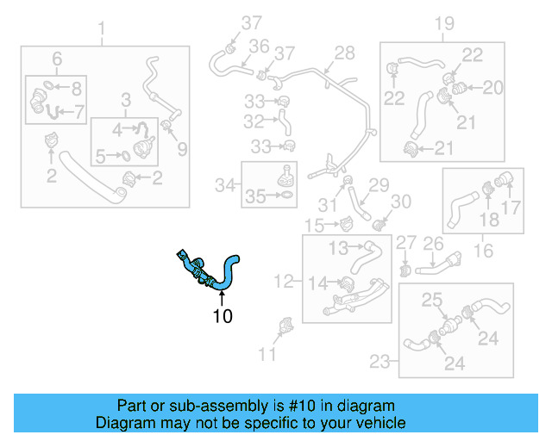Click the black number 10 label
(x=223, y=316)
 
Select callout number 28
(x=344, y=53)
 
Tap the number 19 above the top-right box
(x=443, y=23)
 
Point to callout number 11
(x=268, y=353)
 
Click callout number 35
(x=255, y=197)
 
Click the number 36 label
(x=259, y=46)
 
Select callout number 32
(x=254, y=121)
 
